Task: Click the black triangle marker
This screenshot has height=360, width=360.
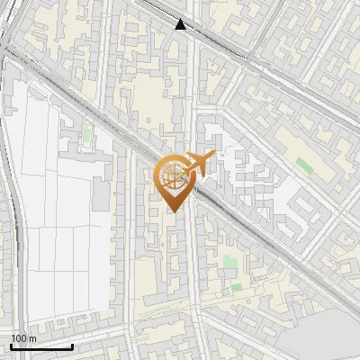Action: coord(181,24)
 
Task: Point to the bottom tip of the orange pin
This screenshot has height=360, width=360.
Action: coord(172,212)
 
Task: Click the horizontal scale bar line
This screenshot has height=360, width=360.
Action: coord(41,346)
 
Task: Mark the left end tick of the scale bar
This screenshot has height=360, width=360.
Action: coord(11,345)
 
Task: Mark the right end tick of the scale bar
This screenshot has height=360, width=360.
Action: coord(73,345)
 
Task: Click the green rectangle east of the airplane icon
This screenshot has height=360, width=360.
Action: coord(304,166)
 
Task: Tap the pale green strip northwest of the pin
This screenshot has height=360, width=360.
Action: coord(88,134)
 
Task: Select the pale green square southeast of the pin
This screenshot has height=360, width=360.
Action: coord(230,262)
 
